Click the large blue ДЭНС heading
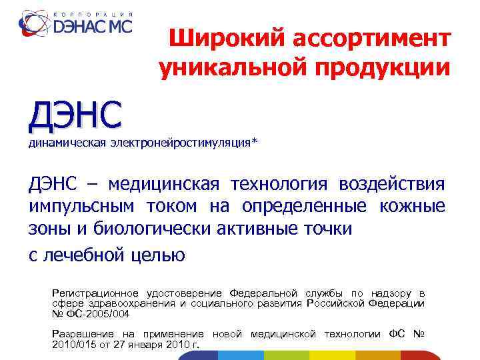[75, 115]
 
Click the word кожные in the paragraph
[412, 207]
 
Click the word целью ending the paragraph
[157, 255]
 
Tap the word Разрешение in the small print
[79, 333]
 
